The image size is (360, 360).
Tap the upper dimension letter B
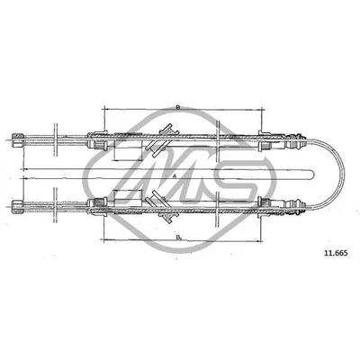click(x=178, y=106)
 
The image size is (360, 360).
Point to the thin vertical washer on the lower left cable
click(x=57, y=205)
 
